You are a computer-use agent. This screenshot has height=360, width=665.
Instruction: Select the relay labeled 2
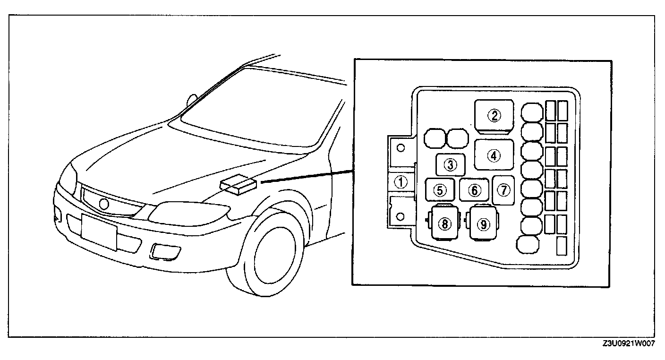click(494, 115)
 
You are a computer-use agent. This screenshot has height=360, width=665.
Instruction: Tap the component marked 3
click(450, 165)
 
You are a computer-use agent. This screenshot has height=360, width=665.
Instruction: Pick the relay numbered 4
click(494, 155)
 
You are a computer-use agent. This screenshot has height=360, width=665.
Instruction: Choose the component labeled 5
click(440, 190)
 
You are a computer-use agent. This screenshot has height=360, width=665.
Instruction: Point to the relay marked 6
click(475, 190)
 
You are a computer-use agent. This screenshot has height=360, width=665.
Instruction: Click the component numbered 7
click(504, 190)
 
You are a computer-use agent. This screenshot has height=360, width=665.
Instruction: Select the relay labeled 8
click(444, 224)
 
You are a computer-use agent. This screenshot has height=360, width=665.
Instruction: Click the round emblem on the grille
click(103, 204)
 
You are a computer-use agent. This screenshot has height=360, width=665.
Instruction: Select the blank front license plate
click(99, 231)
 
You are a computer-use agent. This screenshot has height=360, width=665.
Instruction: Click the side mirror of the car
click(192, 100)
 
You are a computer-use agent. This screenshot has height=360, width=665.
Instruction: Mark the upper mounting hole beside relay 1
click(401, 148)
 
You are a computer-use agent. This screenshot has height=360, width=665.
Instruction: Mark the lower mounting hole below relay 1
click(400, 216)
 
